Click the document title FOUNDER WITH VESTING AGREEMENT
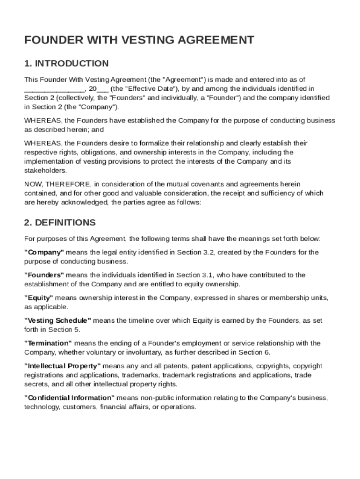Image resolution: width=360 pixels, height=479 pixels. coord(139,40)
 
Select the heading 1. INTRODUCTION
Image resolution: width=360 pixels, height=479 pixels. coord(66,64)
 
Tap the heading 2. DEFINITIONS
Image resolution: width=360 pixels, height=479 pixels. coord(60,223)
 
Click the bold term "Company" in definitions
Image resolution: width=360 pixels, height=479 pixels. coord(44,253)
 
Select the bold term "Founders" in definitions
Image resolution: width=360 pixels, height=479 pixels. coord(44,275)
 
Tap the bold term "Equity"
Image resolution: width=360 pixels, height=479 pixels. coord(39,298)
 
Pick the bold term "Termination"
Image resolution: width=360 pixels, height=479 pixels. coord(48,343)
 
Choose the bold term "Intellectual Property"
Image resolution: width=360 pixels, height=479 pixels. coord(62,366)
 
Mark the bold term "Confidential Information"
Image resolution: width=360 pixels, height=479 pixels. coord(70,398)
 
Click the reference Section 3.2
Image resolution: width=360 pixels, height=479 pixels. coord(195,253)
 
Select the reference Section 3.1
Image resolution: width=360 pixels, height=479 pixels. coord(195,275)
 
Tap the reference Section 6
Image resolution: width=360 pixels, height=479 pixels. coord(254,352)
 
